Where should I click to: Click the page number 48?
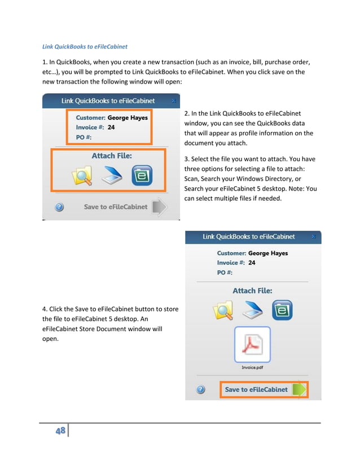pyautogui.click(x=59, y=432)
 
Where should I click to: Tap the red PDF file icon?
pyautogui.click(x=252, y=344)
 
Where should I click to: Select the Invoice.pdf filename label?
pyautogui.click(x=252, y=368)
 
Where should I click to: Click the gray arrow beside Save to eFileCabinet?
pyautogui.click(x=160, y=207)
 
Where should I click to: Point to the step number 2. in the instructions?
pyautogui.click(x=187, y=113)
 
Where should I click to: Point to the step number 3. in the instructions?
pyautogui.click(x=187, y=159)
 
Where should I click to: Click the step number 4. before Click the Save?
pyautogui.click(x=45, y=309)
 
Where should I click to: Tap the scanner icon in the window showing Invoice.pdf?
pyautogui.click(x=252, y=310)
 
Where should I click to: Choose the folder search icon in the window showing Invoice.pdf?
pyautogui.click(x=222, y=311)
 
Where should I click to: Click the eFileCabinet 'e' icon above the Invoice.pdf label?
pyautogui.click(x=282, y=310)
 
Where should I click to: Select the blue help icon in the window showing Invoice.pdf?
pyautogui.click(x=200, y=390)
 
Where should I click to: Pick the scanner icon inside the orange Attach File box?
pyautogui.click(x=112, y=176)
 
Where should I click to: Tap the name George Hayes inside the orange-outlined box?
pyautogui.click(x=128, y=118)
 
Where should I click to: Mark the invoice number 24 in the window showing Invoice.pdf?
pyautogui.click(x=251, y=263)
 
